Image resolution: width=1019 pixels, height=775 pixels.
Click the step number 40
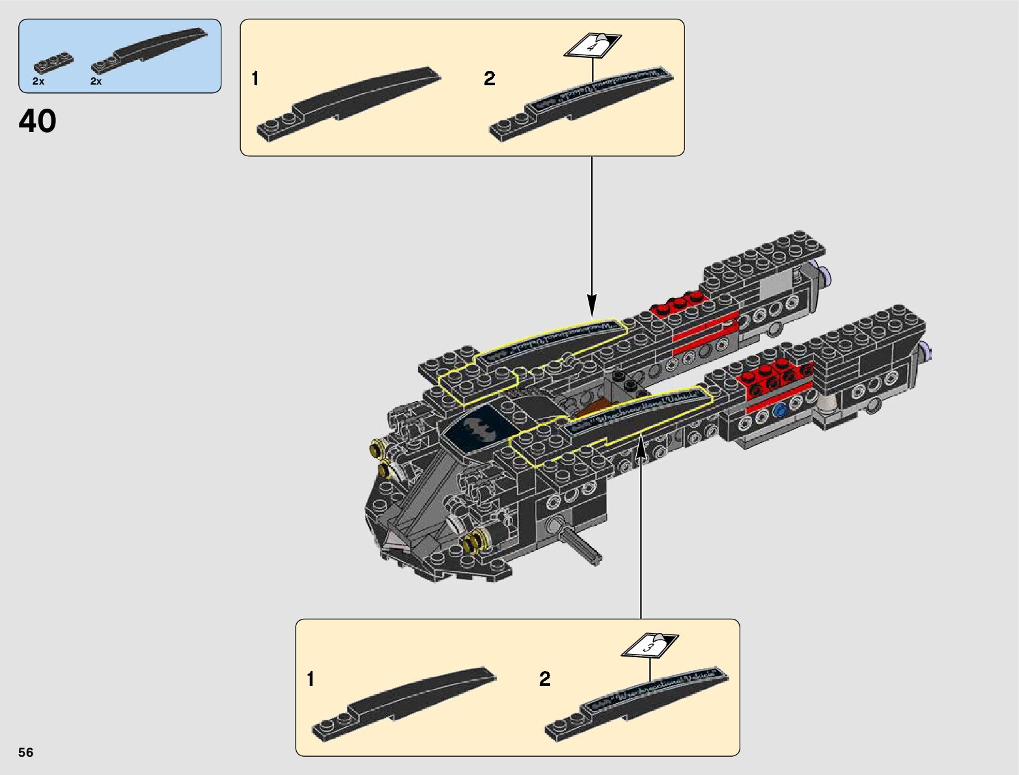[x=38, y=121]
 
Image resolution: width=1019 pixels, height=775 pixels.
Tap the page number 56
[x=26, y=753]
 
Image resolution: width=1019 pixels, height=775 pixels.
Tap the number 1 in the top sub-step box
[x=255, y=79]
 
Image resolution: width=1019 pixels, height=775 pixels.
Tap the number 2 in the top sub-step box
[x=490, y=79]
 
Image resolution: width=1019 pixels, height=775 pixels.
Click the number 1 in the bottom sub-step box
[x=311, y=680]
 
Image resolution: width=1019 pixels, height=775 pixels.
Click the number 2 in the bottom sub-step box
[x=545, y=680]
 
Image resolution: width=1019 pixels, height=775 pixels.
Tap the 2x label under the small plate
[x=38, y=82]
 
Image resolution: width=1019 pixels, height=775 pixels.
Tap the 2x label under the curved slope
[x=96, y=82]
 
